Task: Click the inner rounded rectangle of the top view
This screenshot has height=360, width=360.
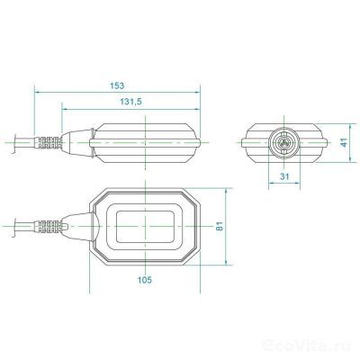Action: (146, 224)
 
